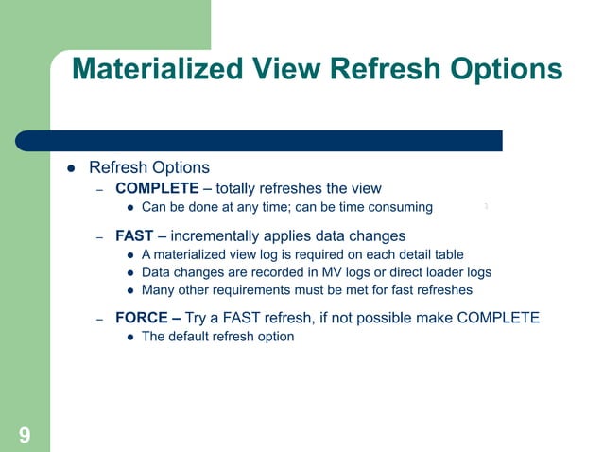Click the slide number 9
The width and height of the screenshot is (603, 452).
(x=24, y=435)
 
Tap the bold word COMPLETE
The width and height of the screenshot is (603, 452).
(x=157, y=188)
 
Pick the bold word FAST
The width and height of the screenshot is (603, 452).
(x=134, y=235)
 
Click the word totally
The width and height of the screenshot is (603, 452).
(x=241, y=188)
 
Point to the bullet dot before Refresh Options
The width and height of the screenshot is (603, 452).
(x=70, y=168)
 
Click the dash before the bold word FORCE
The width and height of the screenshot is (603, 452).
(x=98, y=319)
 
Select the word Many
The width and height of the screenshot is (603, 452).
(x=158, y=290)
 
